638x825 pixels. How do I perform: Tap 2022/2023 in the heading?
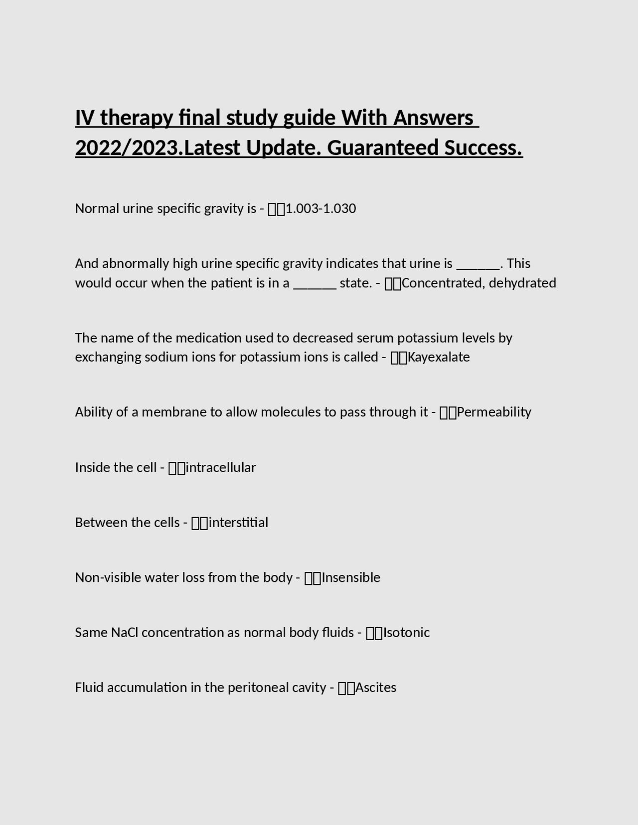127,148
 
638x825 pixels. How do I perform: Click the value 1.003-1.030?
320,209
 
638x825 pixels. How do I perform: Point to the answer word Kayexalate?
439,358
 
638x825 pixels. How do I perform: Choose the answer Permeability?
494,412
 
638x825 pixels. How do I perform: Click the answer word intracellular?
221,468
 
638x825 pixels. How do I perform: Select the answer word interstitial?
238,523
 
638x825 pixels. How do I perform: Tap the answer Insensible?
351,578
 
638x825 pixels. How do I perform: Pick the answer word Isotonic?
406,633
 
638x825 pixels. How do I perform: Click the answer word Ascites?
376,688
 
